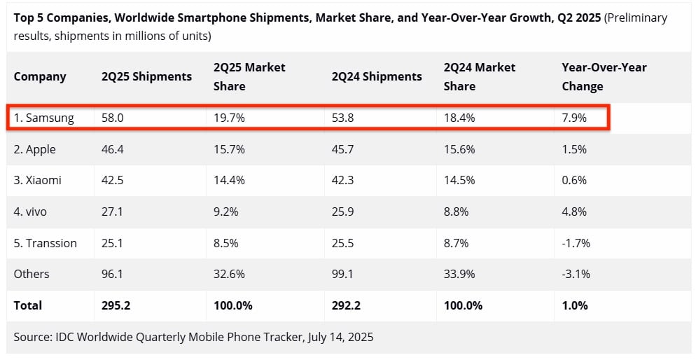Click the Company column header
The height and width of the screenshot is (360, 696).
40,76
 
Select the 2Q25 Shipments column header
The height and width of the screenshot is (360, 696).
146,76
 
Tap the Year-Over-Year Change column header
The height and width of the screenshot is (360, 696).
604,76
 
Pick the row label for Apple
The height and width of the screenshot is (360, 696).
35,149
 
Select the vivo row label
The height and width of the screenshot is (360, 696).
32,212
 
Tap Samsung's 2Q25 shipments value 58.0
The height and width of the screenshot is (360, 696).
113,118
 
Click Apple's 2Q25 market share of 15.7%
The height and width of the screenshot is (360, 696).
229,149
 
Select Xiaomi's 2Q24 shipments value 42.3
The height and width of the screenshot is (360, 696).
344,180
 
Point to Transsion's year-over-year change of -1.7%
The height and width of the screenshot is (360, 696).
576,243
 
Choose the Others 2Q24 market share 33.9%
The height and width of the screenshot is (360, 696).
459,274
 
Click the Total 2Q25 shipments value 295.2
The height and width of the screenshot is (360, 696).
116,305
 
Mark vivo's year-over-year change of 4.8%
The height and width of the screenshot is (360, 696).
574,212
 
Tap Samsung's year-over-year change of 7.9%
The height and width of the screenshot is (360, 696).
574,118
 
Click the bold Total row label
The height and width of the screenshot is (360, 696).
28,305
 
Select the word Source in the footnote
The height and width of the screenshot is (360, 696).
32,337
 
